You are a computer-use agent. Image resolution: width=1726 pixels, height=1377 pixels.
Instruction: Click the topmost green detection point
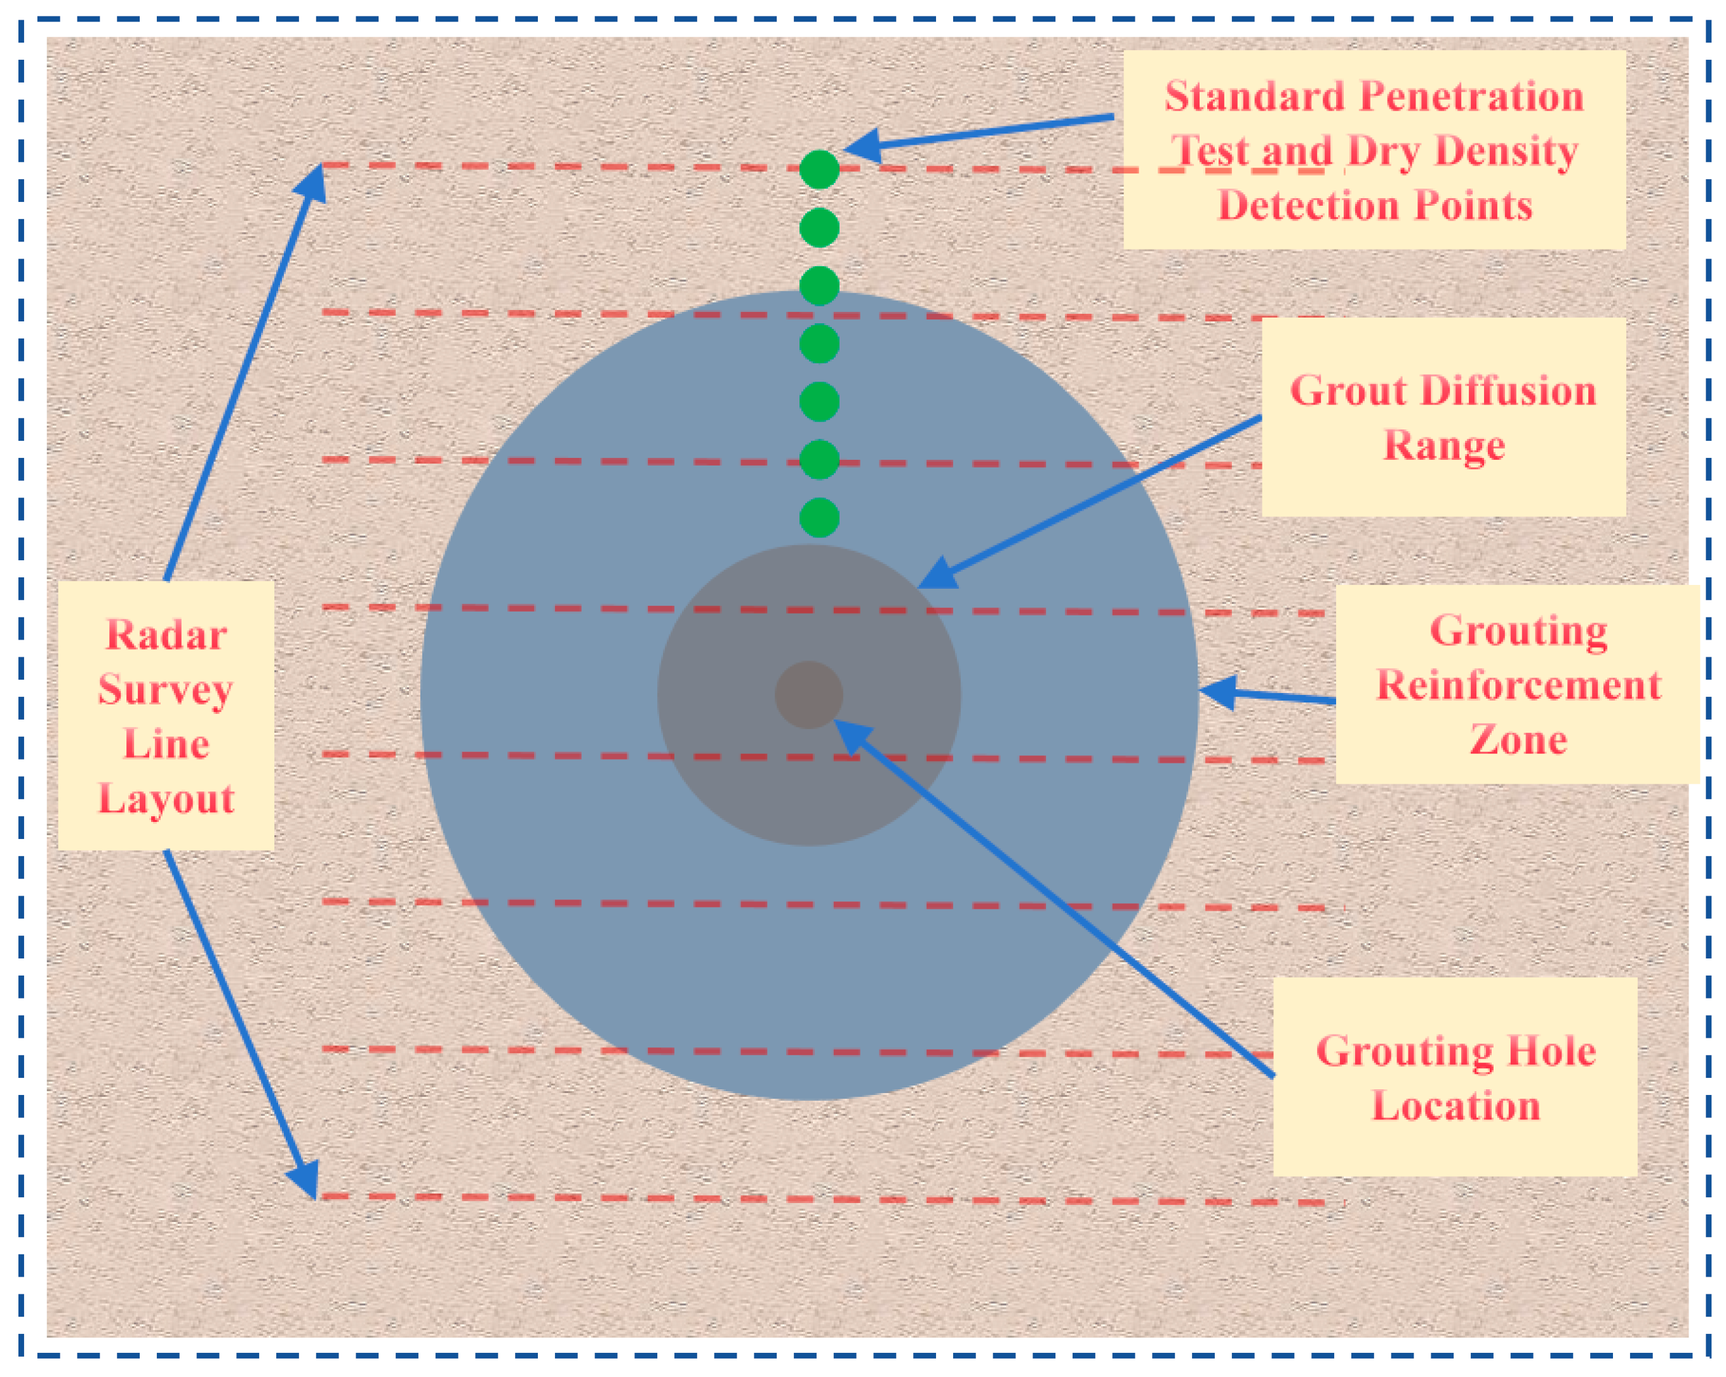819,170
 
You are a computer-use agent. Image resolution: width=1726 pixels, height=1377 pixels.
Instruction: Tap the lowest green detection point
819,517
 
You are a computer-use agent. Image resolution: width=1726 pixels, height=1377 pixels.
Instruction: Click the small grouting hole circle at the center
808,695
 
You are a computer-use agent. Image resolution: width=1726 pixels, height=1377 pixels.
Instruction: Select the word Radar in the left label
166,636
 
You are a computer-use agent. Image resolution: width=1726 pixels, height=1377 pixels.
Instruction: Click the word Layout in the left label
166,799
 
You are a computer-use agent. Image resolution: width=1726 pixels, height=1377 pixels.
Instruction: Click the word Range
1444,446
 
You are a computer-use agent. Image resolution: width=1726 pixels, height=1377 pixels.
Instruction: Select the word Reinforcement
1518,685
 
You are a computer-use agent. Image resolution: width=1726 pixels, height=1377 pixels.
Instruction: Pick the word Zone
1518,740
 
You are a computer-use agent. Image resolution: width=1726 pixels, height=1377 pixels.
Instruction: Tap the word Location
1455,1106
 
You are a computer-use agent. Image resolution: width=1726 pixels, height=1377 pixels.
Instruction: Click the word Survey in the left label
166,690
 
